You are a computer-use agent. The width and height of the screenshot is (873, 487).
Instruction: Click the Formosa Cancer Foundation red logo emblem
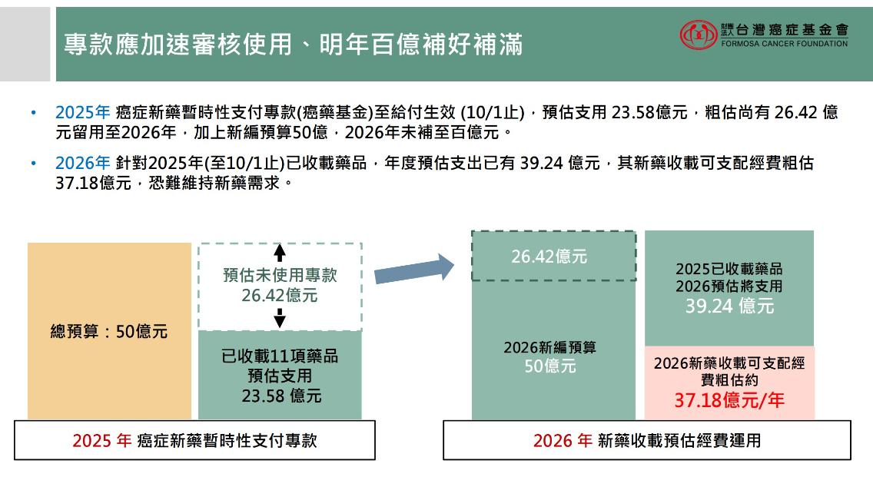tap(699, 35)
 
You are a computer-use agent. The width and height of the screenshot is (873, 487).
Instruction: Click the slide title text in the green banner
tap(294, 45)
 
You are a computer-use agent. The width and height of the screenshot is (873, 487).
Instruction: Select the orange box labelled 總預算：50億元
tap(109, 331)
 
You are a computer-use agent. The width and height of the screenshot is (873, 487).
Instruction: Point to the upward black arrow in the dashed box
tap(280, 253)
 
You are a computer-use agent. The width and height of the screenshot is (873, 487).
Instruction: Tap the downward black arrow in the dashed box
tap(280, 318)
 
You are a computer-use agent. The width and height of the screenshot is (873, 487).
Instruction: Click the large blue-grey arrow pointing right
tap(414, 269)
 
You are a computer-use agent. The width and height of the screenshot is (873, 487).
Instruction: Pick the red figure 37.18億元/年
tap(729, 399)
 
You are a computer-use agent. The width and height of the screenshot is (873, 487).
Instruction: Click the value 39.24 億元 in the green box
tap(729, 306)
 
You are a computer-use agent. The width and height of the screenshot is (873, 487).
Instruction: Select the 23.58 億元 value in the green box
tap(281, 396)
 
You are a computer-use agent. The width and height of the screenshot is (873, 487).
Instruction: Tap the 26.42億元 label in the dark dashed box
tap(549, 257)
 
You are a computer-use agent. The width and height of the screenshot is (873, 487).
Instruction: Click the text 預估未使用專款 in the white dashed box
tap(280, 275)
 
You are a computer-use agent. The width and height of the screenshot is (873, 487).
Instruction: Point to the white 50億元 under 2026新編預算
tap(550, 366)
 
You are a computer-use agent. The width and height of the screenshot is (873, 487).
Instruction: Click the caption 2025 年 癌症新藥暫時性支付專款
tap(195, 441)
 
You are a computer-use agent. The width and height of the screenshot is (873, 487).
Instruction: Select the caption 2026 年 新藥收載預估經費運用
tap(647, 441)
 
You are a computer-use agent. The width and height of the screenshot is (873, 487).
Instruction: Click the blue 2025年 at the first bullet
tap(82, 112)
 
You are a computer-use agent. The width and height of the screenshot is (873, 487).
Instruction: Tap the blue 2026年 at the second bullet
tap(82, 163)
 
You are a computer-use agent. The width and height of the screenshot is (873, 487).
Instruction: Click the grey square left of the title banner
tap(25, 44)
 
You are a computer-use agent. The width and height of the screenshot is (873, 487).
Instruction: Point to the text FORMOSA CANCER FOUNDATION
tap(785, 44)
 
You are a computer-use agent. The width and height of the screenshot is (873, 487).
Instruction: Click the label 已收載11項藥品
tap(280, 356)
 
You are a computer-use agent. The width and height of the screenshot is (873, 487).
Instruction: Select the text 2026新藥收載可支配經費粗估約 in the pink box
tap(729, 372)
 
